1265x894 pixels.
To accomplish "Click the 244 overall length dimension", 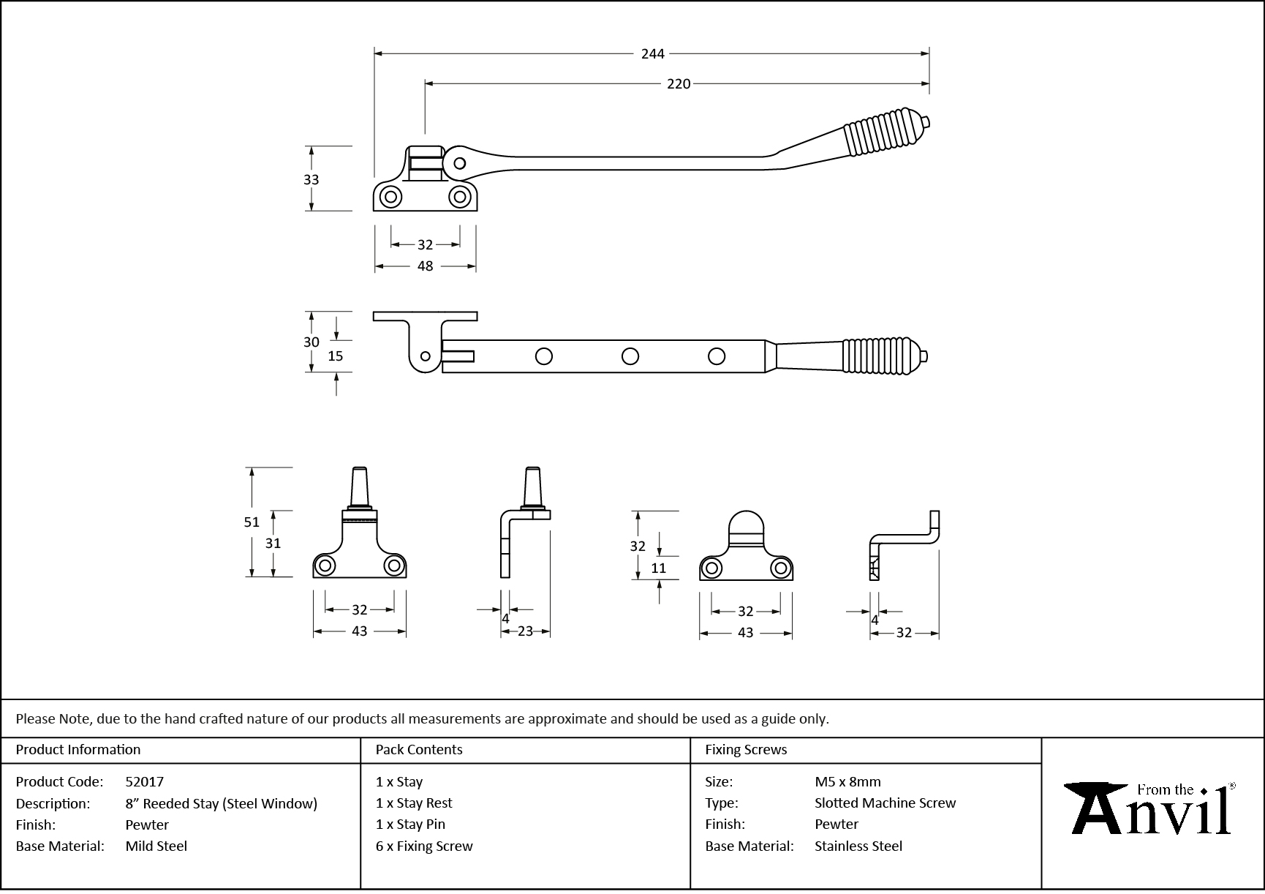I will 652,53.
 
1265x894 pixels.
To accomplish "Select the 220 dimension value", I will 678,84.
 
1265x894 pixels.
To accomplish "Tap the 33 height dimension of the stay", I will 311,179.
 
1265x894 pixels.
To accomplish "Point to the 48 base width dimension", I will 425,266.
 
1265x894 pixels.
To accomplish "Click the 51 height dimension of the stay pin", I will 252,522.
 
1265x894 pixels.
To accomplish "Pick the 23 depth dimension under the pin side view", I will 525,631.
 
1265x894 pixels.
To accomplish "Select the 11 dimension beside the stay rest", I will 658,568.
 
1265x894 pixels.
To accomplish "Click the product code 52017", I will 144,781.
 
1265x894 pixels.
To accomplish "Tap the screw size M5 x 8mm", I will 847,781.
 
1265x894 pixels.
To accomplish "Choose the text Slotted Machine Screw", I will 885,803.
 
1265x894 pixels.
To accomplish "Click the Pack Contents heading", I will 418,749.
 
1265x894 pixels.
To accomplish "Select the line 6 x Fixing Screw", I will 424,846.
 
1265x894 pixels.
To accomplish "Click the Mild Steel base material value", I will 156,846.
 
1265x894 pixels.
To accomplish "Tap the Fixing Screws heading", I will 745,749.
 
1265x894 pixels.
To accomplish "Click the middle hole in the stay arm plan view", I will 630,356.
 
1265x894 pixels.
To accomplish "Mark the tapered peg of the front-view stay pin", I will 360,485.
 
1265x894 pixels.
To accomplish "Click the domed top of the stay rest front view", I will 747,525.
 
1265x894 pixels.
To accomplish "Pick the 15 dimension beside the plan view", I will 335,356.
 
